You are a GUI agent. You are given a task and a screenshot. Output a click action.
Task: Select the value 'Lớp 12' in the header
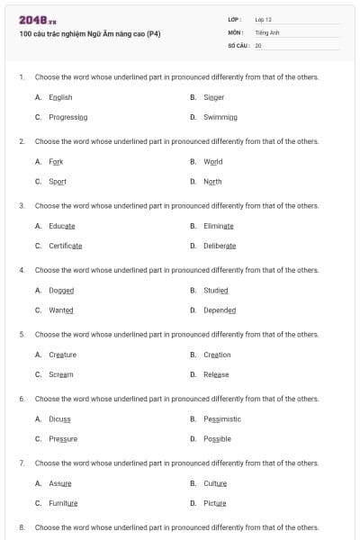[263, 19]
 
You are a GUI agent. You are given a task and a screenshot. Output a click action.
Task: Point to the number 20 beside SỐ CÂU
[258, 45]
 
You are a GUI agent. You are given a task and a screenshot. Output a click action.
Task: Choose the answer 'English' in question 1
[60, 97]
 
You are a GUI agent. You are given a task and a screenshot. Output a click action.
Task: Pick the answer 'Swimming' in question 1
[220, 117]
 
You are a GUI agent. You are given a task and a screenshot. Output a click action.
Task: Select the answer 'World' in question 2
[212, 162]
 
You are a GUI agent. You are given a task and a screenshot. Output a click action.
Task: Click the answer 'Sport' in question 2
[58, 181]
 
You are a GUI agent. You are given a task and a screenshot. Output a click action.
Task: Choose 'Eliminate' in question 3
[218, 226]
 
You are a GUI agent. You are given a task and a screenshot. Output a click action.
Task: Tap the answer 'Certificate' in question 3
[66, 246]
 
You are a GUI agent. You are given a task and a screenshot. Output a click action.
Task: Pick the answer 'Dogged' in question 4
[61, 291]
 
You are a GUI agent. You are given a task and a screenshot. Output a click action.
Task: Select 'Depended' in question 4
[220, 310]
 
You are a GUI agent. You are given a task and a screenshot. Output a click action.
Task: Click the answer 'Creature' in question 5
[63, 355]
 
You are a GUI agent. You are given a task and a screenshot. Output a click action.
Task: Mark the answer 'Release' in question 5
[216, 374]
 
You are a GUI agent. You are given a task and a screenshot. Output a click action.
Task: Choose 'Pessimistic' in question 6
[222, 418]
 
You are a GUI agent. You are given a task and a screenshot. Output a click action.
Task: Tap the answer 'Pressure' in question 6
[63, 439]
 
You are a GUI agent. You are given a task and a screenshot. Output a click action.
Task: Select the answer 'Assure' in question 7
[60, 483]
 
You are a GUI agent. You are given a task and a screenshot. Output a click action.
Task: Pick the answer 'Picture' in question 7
[214, 503]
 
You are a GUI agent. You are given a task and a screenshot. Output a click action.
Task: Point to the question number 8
[21, 527]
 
